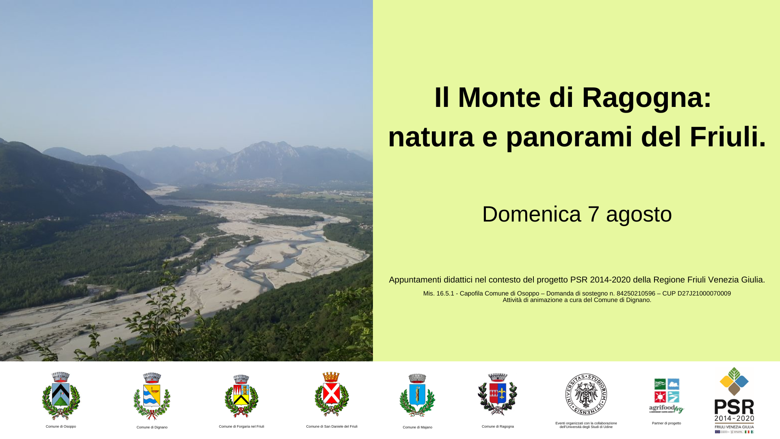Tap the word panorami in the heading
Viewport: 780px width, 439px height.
569,137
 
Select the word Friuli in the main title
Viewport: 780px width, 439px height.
727,137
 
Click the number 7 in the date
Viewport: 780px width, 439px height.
594,214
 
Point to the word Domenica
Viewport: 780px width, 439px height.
531,214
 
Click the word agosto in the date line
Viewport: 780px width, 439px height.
639,214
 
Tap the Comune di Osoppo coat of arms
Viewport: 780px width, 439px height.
61,396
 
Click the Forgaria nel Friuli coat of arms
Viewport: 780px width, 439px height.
241,396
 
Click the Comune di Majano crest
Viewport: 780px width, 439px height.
417,396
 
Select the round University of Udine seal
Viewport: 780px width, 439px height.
586,394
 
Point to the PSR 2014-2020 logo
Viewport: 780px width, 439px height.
734,400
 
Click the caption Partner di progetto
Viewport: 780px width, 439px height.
666,423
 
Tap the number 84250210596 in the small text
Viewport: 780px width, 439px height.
636,293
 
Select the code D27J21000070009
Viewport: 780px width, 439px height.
704,293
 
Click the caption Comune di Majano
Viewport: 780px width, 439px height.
417,427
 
